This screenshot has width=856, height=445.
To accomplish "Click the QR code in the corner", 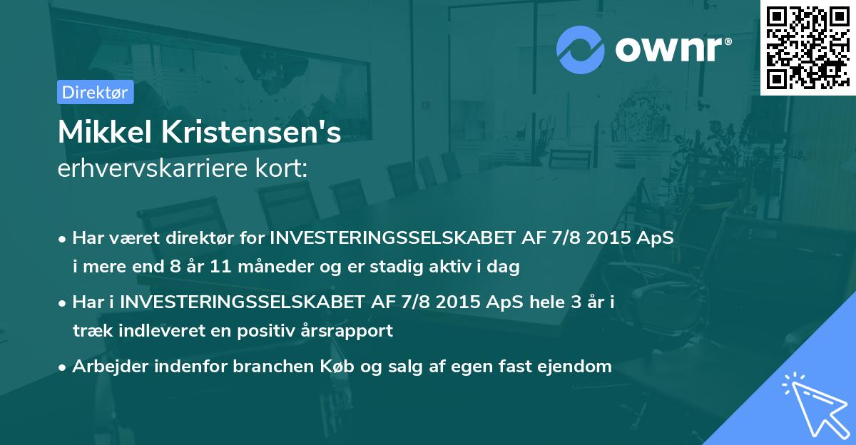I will click(x=808, y=48).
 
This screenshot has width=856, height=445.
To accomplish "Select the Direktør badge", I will click(x=95, y=92).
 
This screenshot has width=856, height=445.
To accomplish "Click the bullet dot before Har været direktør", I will click(x=63, y=239).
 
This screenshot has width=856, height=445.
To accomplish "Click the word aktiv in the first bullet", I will click(x=459, y=267).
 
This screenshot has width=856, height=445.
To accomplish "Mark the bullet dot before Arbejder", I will click(x=63, y=368).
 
